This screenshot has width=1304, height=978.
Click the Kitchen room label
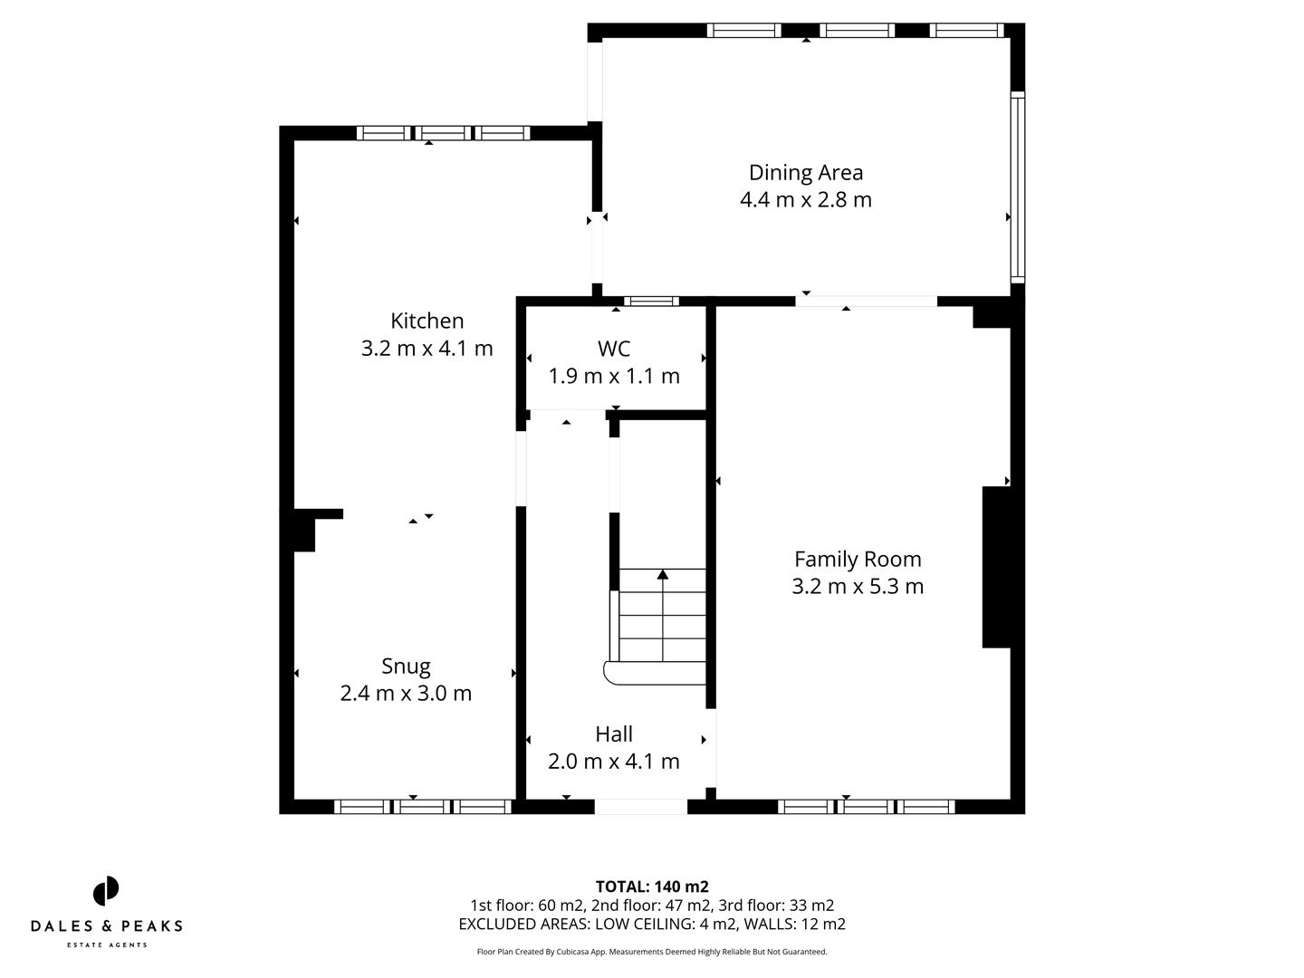[x=427, y=321]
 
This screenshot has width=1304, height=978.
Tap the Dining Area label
[x=805, y=172]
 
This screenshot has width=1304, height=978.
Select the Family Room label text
[x=858, y=559]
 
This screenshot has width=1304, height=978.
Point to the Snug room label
[x=406, y=666]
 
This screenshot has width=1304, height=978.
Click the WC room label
[x=614, y=349]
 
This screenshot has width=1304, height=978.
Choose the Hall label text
[x=613, y=733]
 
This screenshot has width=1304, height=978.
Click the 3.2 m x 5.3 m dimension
[x=858, y=586]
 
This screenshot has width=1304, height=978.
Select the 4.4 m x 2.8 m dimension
[x=805, y=199]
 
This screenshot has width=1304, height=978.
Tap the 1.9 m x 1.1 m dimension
[x=614, y=376]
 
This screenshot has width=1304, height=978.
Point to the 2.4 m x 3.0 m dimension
[x=406, y=693]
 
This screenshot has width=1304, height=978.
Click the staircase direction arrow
[x=663, y=574]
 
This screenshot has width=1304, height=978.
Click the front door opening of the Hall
[x=641, y=806]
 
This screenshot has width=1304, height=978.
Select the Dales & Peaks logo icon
[x=106, y=891]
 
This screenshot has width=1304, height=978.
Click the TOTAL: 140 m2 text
[x=652, y=887]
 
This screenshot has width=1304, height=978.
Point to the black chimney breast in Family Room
[x=996, y=567]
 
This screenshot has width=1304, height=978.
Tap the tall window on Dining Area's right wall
[x=1018, y=186]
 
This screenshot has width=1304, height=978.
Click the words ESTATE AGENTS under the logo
[x=106, y=945]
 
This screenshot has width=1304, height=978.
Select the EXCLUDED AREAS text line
[x=652, y=924]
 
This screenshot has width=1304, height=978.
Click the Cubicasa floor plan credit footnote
[x=652, y=952]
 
